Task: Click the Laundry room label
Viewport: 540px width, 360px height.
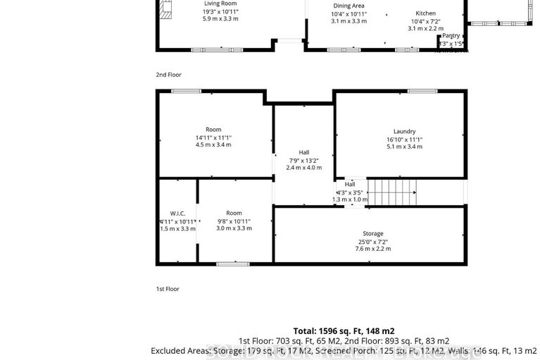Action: pyautogui.click(x=404, y=131)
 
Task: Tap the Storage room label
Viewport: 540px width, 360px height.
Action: pyautogui.click(x=372, y=233)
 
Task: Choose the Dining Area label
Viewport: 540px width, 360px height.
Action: pyautogui.click(x=349, y=6)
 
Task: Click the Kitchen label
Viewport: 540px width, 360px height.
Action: pyautogui.click(x=425, y=13)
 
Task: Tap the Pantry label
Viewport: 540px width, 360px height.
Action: pyautogui.click(x=451, y=35)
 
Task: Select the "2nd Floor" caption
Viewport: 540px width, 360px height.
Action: pyautogui.click(x=168, y=74)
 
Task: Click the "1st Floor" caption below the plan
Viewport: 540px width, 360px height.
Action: pyautogui.click(x=168, y=289)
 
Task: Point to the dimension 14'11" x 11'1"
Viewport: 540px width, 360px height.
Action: pyautogui.click(x=213, y=137)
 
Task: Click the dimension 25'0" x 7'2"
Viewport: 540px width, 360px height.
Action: pyautogui.click(x=372, y=241)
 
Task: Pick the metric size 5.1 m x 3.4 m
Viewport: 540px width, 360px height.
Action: pyautogui.click(x=404, y=147)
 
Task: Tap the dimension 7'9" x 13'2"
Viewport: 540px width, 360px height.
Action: pyautogui.click(x=303, y=160)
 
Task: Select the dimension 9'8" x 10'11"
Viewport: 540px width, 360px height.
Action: pyautogui.click(x=234, y=221)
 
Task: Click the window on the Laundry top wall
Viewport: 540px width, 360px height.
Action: pyautogui.click(x=422, y=90)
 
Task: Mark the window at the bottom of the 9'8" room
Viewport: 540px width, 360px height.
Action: pyautogui.click(x=232, y=264)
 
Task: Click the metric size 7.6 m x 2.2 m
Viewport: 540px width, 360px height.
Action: pyautogui.click(x=372, y=249)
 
